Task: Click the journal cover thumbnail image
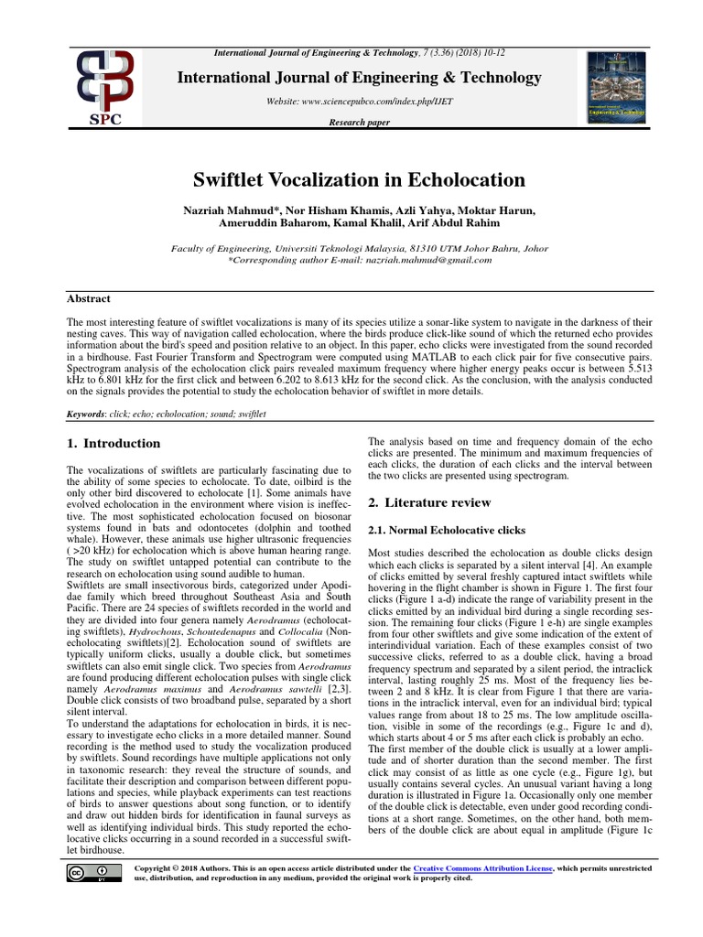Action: pos(615,87)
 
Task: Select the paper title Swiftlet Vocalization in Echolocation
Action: pos(358,178)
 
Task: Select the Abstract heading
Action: pos(90,298)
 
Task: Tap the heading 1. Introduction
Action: pos(114,444)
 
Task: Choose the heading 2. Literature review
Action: pos(429,502)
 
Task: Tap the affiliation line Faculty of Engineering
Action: pos(358,248)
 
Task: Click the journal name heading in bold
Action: pos(358,78)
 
